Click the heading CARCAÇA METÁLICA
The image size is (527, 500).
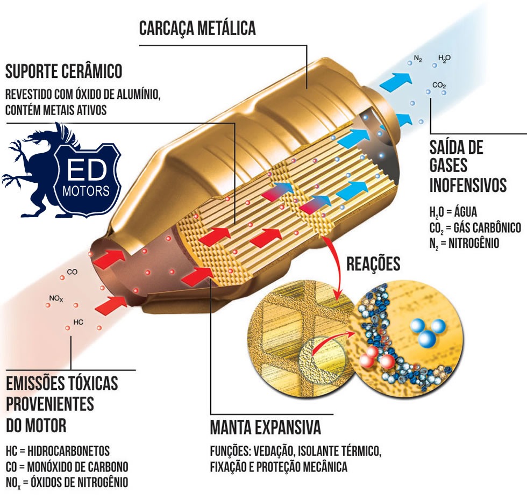click(x=197, y=28)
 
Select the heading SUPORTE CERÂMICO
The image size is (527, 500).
click(x=63, y=70)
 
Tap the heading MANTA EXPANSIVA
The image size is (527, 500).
click(x=265, y=428)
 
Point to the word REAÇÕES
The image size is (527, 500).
click(x=373, y=264)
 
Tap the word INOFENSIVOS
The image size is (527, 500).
click(x=468, y=185)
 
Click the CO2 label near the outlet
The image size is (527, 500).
click(x=439, y=85)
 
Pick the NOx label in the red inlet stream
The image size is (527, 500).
click(x=56, y=297)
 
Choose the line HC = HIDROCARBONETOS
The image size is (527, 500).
click(x=58, y=451)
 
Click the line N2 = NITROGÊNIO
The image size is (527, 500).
click(x=464, y=243)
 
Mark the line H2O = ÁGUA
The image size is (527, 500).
click(x=453, y=211)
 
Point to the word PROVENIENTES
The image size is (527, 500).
click(x=50, y=404)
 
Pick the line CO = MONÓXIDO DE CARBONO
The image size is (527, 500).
click(x=67, y=466)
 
